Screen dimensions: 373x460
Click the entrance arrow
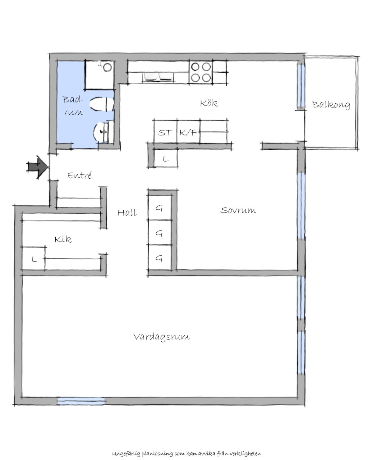click(x=37, y=167)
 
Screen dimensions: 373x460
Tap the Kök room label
click(x=209, y=103)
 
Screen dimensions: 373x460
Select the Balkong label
click(x=331, y=105)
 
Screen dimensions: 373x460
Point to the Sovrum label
click(x=238, y=210)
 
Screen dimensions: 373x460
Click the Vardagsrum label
click(x=162, y=337)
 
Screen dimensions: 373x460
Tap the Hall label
click(x=127, y=213)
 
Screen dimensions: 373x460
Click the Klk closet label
click(x=63, y=239)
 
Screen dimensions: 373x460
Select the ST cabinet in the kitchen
click(x=165, y=131)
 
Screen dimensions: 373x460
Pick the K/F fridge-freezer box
click(x=188, y=131)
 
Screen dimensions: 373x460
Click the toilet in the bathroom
click(x=102, y=104)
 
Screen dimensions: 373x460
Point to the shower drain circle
click(x=107, y=67)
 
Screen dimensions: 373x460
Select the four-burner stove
click(x=201, y=72)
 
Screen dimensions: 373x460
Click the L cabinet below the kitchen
click(x=166, y=158)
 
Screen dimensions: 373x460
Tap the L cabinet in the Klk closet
click(x=34, y=258)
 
